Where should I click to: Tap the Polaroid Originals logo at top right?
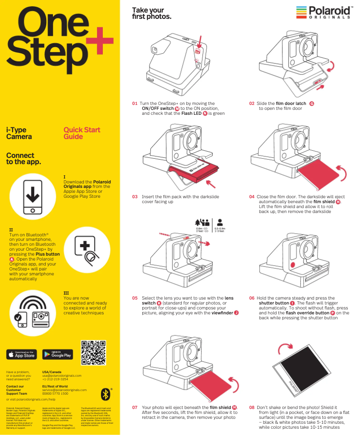(x=323, y=12)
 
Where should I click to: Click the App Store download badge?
(x=22, y=354)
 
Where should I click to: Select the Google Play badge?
(x=57, y=354)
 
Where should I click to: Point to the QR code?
(x=94, y=352)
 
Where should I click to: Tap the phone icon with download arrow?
(x=32, y=197)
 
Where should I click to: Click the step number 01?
(x=135, y=103)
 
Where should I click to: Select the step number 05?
(x=135, y=298)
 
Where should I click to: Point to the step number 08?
(x=252, y=408)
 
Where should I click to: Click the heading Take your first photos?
(x=151, y=13)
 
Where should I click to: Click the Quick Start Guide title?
(x=82, y=133)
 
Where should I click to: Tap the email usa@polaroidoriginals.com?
(x=61, y=375)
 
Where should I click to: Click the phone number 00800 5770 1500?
(x=55, y=393)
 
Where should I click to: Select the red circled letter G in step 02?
(x=312, y=104)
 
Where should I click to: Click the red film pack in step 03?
(x=194, y=173)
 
